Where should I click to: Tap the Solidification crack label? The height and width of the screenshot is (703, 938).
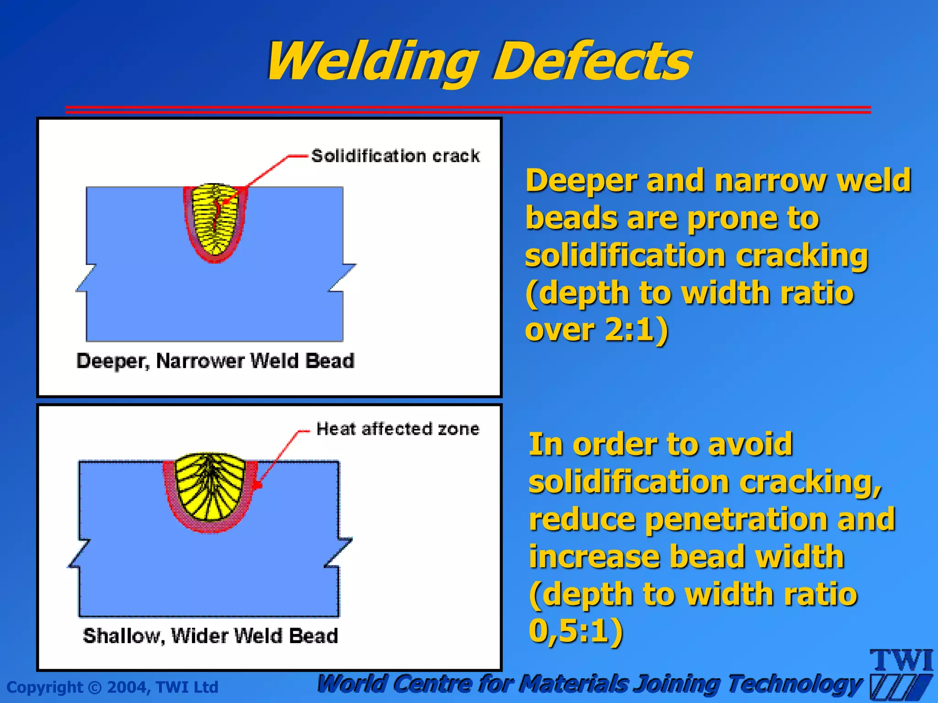coord(395,156)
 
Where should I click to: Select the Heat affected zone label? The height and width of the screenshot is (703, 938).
coord(398,429)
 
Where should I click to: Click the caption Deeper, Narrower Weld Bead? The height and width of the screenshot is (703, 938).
coord(215,361)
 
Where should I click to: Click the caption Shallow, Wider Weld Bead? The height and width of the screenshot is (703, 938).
coord(211,636)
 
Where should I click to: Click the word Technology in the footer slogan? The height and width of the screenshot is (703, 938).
coord(795,684)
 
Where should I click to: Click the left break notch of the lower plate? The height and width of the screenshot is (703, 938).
coord(79,554)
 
